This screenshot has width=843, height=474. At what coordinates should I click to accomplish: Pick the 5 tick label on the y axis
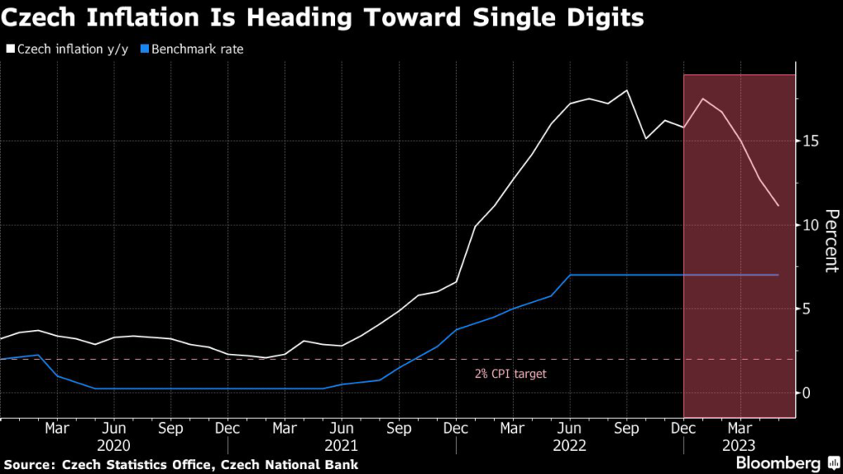pyautogui.click(x=806, y=309)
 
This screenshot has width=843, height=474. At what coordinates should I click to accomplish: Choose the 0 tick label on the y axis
pyautogui.click(x=806, y=393)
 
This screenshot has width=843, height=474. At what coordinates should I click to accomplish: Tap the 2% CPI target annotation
pyautogui.click(x=510, y=374)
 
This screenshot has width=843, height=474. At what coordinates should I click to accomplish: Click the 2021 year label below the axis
pyautogui.click(x=341, y=445)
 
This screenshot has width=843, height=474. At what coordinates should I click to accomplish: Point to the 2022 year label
pyautogui.click(x=569, y=445)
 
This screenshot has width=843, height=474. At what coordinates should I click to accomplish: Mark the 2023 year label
pyautogui.click(x=739, y=445)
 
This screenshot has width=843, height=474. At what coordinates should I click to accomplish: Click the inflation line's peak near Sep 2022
pyautogui.click(x=627, y=91)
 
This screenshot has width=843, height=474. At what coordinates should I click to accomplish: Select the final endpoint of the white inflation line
pyautogui.click(x=778, y=206)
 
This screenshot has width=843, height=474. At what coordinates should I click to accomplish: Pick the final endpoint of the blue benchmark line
pyautogui.click(x=778, y=275)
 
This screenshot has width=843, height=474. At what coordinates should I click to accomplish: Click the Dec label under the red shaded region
pyautogui.click(x=683, y=428)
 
